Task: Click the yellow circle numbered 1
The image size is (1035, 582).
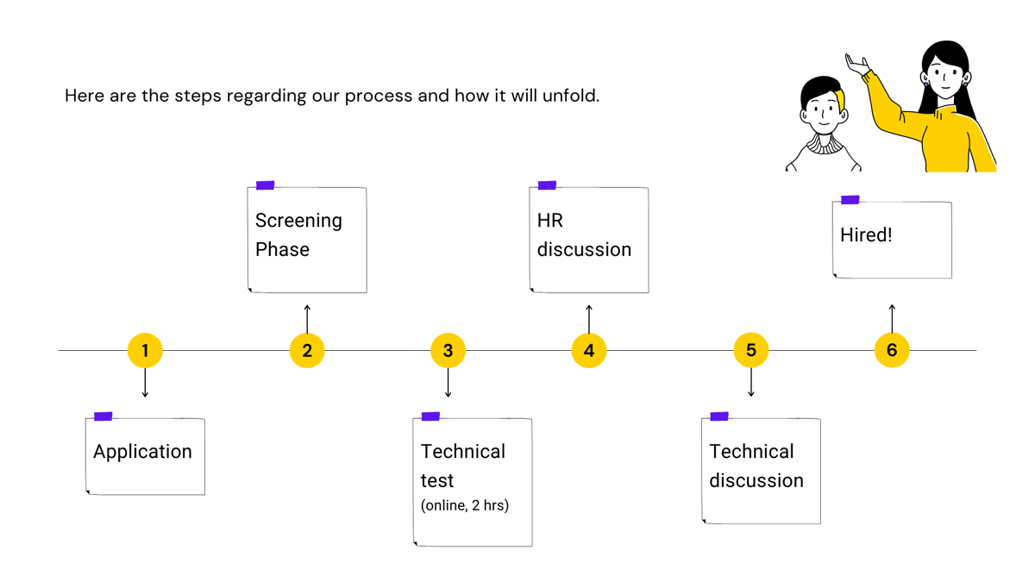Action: pyautogui.click(x=145, y=351)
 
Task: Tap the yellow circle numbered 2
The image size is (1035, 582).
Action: pyautogui.click(x=307, y=351)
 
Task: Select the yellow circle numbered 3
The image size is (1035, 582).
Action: pyautogui.click(x=448, y=351)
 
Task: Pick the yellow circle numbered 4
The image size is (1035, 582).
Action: pyautogui.click(x=589, y=351)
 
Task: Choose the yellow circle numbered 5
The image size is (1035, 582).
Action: pyautogui.click(x=751, y=350)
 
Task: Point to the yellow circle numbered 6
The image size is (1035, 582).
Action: pyautogui.click(x=892, y=350)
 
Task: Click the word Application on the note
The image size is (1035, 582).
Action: pyautogui.click(x=142, y=452)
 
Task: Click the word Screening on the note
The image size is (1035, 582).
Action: pyautogui.click(x=298, y=221)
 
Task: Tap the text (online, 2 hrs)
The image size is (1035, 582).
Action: pyautogui.click(x=465, y=505)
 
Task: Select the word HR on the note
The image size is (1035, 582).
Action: pyautogui.click(x=550, y=221)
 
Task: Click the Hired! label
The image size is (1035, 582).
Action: pyautogui.click(x=866, y=235)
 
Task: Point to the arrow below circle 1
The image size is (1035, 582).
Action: pyautogui.click(x=145, y=383)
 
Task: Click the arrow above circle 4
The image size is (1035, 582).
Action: pyautogui.click(x=589, y=319)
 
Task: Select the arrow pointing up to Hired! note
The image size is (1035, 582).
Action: pyautogui.click(x=892, y=319)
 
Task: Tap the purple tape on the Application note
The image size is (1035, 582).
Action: pyautogui.click(x=103, y=416)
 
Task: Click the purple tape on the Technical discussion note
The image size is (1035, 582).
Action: pyautogui.click(x=719, y=416)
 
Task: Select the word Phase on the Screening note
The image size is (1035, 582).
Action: pyautogui.click(x=282, y=250)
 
